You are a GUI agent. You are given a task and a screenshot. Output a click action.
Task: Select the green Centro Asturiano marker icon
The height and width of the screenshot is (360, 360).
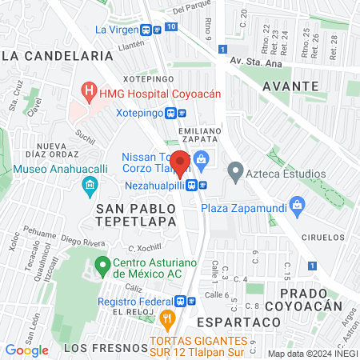102,264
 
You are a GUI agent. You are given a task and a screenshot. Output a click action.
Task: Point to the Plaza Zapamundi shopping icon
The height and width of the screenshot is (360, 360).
298,205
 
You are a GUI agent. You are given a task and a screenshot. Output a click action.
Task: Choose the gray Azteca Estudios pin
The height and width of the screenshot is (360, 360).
235,170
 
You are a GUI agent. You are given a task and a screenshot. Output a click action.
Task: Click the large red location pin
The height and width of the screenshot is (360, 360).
181,163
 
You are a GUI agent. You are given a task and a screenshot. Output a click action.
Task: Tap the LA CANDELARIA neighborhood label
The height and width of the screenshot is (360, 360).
57,56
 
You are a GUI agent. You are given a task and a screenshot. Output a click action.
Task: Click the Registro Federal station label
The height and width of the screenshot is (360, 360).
135,302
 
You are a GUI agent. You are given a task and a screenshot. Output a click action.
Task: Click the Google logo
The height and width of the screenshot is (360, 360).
27,350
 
